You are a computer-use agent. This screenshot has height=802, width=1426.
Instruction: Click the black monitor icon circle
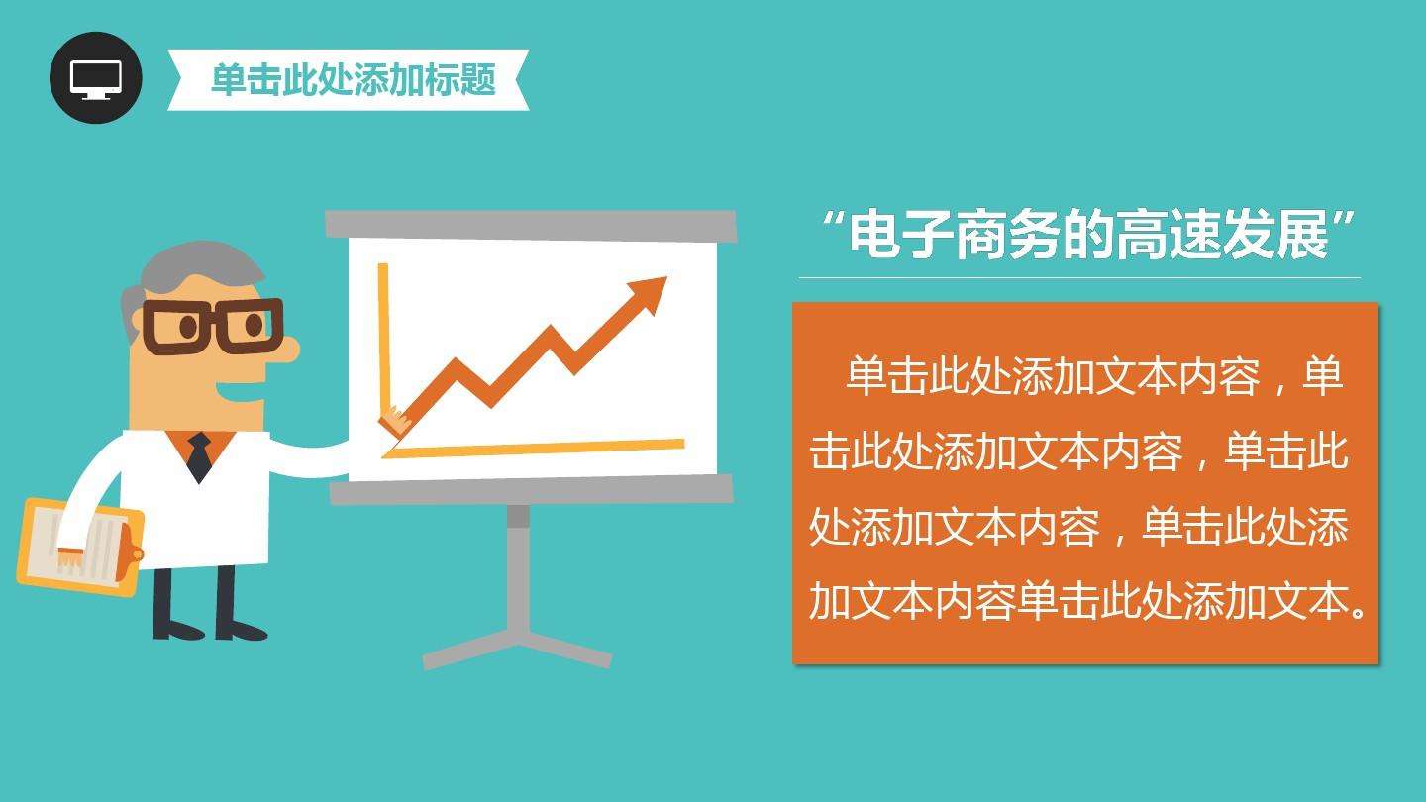96,77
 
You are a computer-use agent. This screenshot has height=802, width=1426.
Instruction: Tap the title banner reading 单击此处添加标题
352,79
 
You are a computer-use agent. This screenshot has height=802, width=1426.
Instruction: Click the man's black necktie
200,456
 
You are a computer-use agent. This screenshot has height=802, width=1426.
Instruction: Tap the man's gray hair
188,267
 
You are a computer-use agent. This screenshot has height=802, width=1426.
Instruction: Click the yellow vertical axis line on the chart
383,337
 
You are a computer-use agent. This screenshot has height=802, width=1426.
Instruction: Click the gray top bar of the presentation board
531,225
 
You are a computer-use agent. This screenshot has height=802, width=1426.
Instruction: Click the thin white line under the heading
1079,278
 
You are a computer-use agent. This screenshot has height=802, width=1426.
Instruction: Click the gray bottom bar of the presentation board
531,489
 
